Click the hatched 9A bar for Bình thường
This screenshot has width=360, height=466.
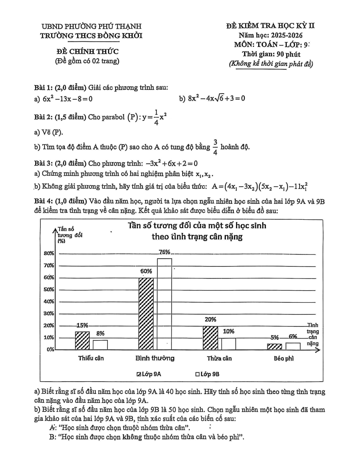click(x=146, y=313)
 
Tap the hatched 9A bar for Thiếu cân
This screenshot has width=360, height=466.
click(x=82, y=340)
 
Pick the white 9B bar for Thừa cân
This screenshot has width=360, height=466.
click(x=228, y=343)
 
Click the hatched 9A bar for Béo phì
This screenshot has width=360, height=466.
click(x=274, y=347)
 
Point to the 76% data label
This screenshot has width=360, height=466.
click(x=165, y=252)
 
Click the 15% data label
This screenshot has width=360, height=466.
click(x=82, y=325)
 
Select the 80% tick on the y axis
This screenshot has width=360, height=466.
click(x=48, y=253)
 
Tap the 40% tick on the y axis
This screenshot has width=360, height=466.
click(x=48, y=301)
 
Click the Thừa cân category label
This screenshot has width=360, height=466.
click(x=219, y=358)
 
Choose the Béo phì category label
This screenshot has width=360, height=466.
click(x=284, y=358)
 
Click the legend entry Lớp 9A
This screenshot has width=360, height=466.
click(x=149, y=374)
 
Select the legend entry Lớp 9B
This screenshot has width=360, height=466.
click(x=207, y=374)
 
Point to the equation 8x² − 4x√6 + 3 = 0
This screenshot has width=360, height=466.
click(x=212, y=98)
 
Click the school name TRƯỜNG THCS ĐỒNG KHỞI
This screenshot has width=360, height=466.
click(x=91, y=35)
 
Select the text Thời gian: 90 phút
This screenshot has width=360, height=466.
click(x=270, y=54)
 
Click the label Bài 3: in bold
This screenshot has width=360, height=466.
click(x=45, y=163)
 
